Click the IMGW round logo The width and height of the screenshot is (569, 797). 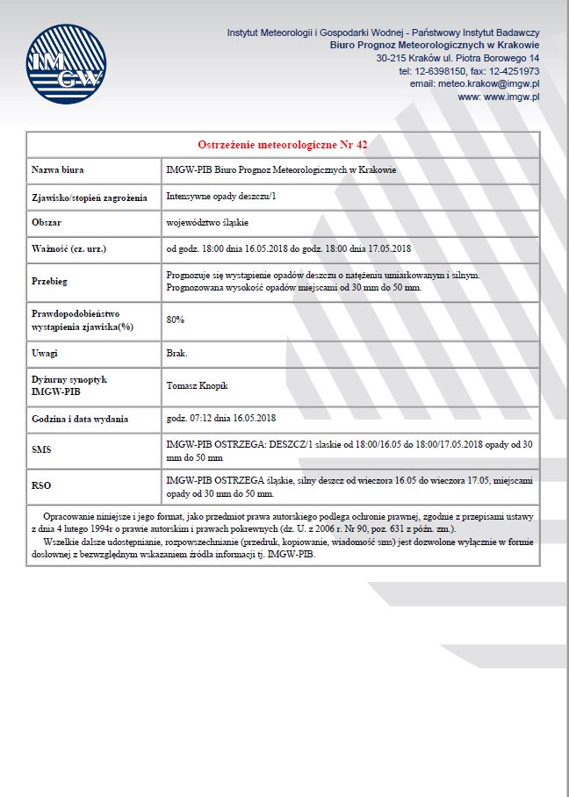coord(64,65)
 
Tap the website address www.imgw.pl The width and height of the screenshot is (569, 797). coord(499,97)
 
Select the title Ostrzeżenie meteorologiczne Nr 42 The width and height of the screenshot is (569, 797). coord(283,144)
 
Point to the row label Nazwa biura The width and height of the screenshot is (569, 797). coord(58,170)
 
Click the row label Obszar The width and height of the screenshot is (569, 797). coord(47,223)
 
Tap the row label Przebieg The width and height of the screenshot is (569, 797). coord(50,282)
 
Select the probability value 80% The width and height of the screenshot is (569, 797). coord(175,320)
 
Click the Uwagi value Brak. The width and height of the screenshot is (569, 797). coord(176,353)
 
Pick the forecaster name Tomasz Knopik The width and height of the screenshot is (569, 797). coord(198,385)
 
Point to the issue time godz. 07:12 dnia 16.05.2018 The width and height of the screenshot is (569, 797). coord(221,418)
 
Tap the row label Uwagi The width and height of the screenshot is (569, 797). coord(45,353)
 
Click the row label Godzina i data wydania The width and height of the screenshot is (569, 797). coord(80,418)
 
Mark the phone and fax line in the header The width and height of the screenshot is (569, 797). coord(469,70)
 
